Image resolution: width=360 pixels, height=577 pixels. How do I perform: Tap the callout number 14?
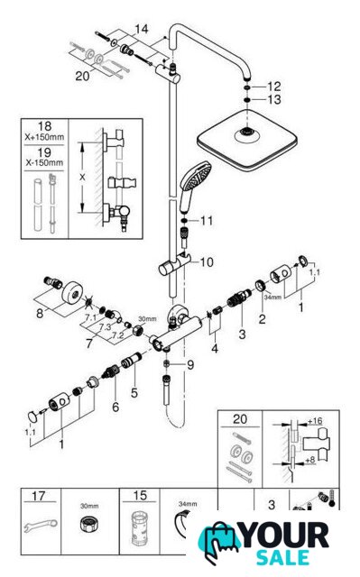[141, 29]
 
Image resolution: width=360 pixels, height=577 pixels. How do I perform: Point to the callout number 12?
[274, 87]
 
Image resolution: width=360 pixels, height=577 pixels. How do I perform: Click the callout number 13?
[274, 99]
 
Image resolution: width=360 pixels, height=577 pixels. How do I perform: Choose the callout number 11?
[207, 221]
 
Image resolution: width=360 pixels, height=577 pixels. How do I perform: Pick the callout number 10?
[207, 262]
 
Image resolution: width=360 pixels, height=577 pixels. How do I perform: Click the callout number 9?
[190, 365]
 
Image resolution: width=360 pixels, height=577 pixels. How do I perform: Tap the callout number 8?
[40, 314]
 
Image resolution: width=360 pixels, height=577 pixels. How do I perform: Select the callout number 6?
[115, 407]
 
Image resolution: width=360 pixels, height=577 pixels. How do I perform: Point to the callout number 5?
[134, 393]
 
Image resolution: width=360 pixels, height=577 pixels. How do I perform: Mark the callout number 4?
[215, 348]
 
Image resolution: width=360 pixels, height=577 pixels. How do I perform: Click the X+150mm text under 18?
[44, 137]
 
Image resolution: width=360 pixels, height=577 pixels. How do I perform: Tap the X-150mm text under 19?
[44, 162]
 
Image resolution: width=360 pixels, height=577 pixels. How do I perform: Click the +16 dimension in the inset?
[315, 421]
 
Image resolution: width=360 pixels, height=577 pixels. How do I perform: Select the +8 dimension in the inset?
[310, 460]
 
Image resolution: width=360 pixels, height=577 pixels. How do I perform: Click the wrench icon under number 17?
[41, 526]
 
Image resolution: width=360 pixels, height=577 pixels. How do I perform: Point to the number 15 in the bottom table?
[140, 496]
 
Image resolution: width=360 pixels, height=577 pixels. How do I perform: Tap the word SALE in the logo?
[282, 558]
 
